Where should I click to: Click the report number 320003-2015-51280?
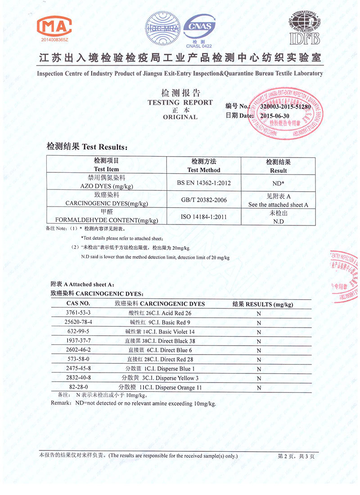click(x=285, y=107)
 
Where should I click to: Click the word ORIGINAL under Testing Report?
click(x=180, y=117)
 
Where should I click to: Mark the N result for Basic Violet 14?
click(x=259, y=332)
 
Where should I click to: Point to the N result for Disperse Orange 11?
click(x=259, y=388)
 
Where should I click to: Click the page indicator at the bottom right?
click(x=296, y=456)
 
